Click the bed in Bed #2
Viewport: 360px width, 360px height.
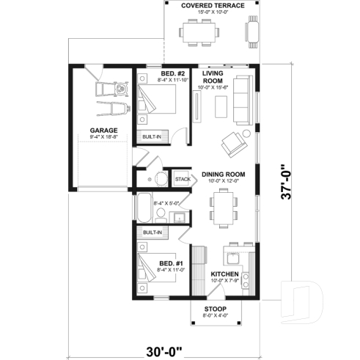click(x=158, y=99)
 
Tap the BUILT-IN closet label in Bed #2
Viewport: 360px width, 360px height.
click(x=152, y=136)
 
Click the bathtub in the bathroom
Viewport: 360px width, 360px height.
click(x=143, y=207)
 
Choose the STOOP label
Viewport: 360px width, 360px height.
click(x=215, y=309)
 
